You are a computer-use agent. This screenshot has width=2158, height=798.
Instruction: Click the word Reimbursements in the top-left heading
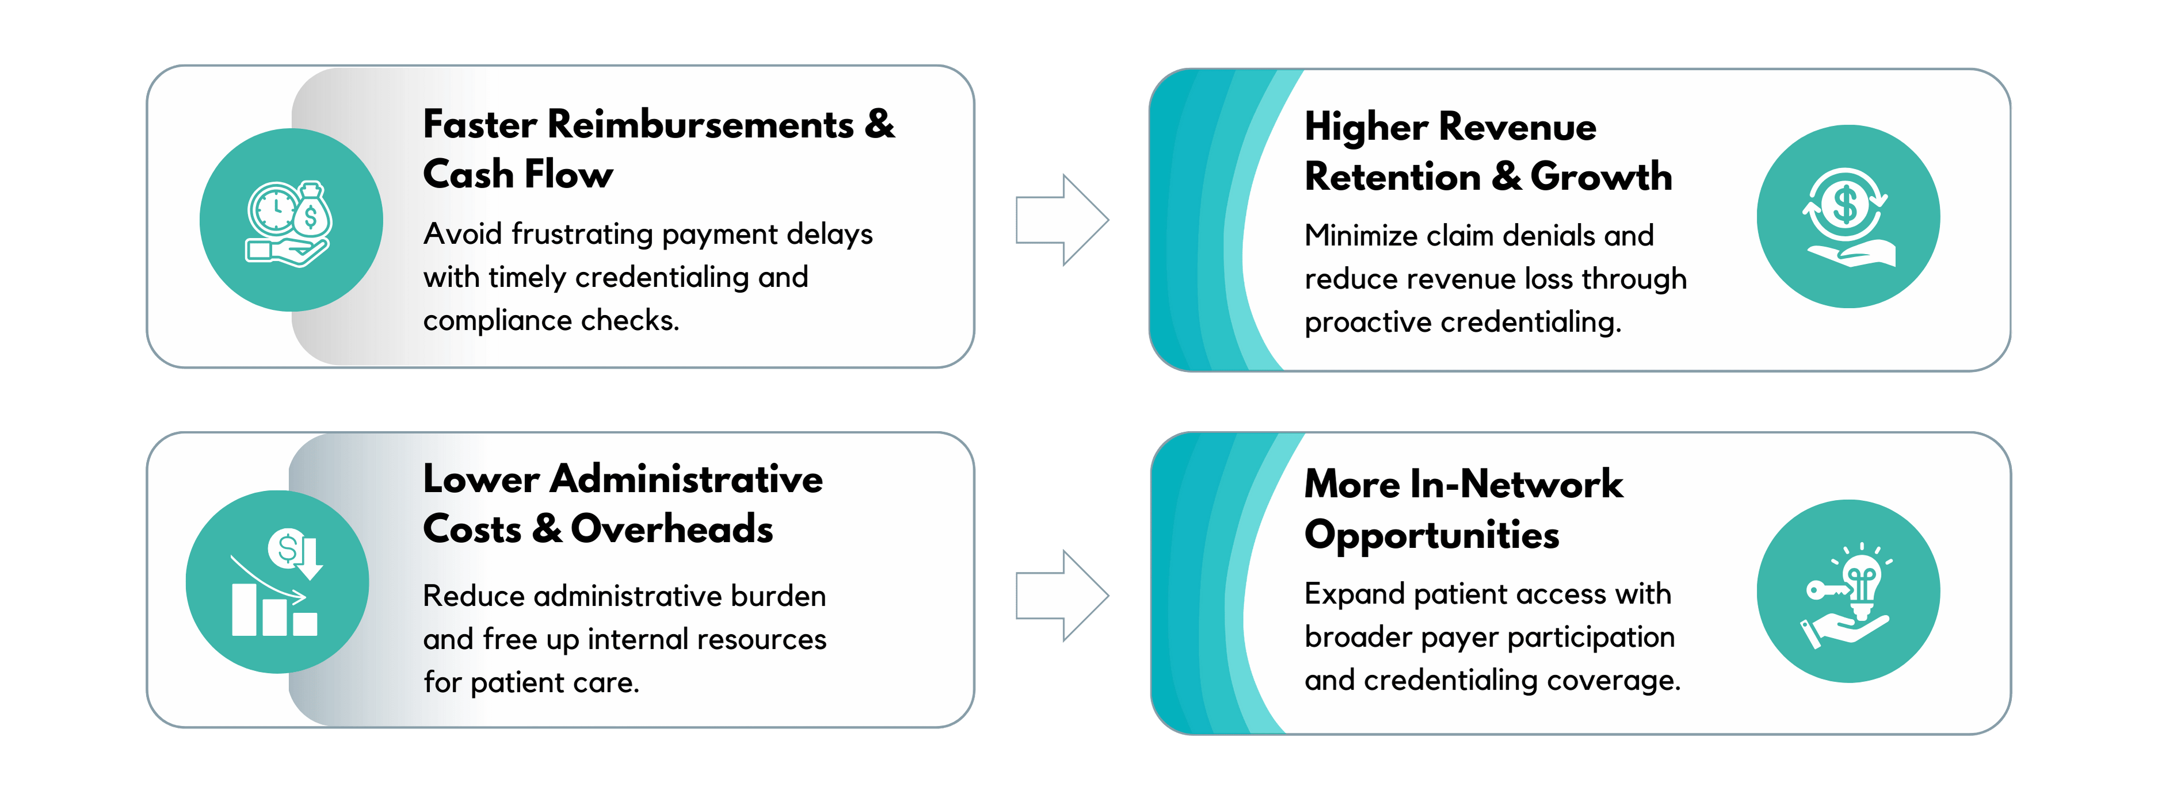coord(700,124)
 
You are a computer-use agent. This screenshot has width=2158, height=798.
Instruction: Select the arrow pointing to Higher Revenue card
coord(1062,220)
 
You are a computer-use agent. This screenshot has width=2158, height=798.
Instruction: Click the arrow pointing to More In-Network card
coord(1062,596)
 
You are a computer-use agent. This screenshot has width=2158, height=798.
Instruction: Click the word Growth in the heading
coord(1601,177)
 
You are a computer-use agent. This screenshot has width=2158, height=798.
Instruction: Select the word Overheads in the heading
coord(672,529)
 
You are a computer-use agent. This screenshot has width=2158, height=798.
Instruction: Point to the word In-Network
coord(1516,484)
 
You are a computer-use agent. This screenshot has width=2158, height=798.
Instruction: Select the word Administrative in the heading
coord(686,479)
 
